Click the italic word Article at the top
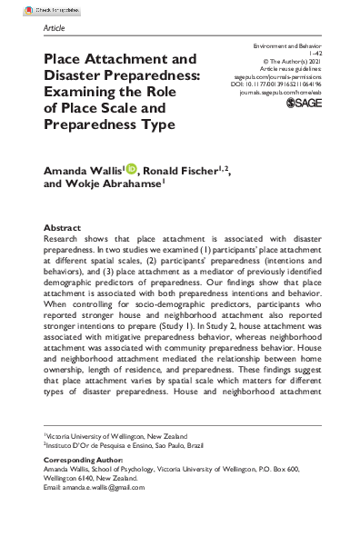point(55,28)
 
